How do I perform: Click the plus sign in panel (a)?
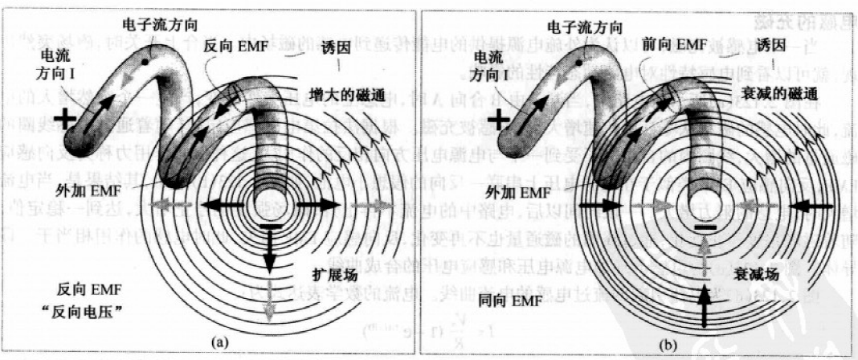coord(67,120)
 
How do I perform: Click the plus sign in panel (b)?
coord(500,120)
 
